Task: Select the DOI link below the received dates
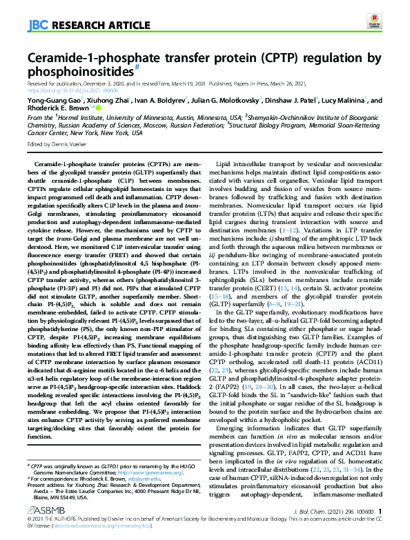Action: coord(68,89)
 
